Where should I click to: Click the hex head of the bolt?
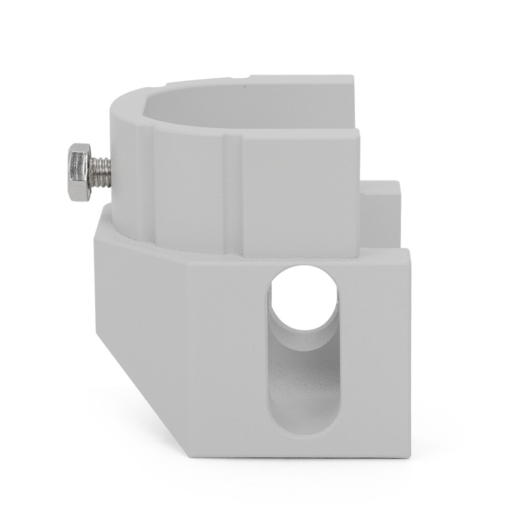pos(79,172)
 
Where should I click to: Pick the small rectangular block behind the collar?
pos(381,215)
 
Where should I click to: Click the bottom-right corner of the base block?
pos(409,455)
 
